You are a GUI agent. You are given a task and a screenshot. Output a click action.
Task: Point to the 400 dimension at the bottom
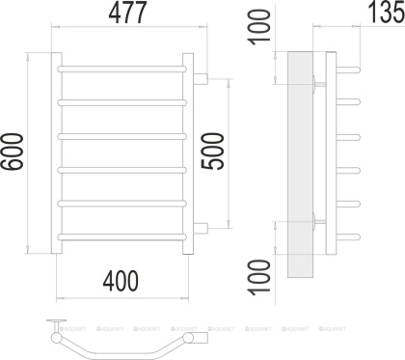[120, 280]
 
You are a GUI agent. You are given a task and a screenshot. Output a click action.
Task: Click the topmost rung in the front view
[122, 70]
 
